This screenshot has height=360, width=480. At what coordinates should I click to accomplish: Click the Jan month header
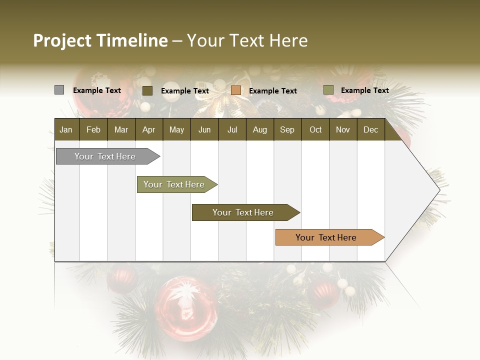coord(66,129)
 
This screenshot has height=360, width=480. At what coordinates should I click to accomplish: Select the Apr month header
coord(148,129)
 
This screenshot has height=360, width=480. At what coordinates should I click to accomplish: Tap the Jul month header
coord(232,129)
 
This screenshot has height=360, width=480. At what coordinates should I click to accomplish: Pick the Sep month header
coord(287,129)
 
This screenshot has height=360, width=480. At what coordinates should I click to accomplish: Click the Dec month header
coord(370,129)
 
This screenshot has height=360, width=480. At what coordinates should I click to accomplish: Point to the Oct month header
coord(315,129)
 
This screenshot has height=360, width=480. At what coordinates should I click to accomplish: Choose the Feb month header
coord(93,129)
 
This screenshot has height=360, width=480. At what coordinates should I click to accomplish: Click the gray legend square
coord(59,90)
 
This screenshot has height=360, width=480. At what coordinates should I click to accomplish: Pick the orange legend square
coord(236,90)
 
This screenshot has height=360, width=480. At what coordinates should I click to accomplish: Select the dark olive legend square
coord(147,90)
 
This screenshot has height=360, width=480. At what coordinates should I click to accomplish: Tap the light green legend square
coord(328,90)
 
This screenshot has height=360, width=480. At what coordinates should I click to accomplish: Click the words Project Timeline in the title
coord(100,40)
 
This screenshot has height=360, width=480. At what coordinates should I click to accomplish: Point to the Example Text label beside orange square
coord(272,91)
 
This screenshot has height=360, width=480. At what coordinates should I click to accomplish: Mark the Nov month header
coord(342,129)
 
